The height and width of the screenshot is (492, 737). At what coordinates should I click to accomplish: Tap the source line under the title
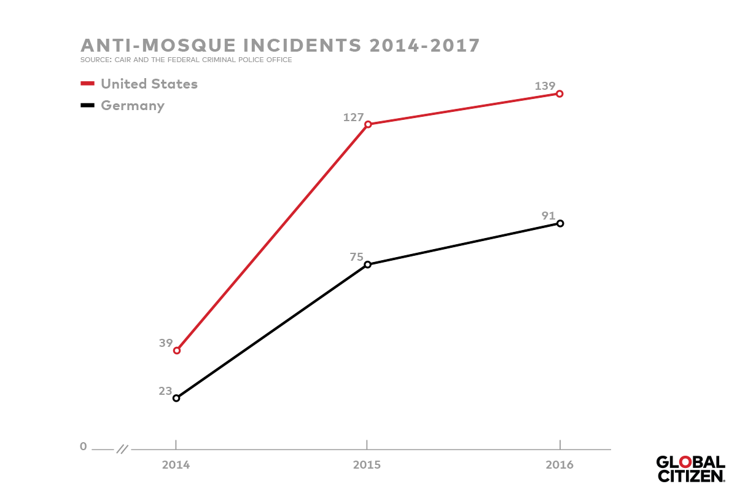point(186,60)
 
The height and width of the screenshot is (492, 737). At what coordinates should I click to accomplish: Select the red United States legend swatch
point(87,84)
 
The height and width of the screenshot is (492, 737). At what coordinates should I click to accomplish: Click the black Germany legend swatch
point(87,106)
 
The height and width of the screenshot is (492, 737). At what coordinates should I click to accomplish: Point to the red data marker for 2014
point(177,351)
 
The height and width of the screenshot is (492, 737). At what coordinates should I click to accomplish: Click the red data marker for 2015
point(368,124)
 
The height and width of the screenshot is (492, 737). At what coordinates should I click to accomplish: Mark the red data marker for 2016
point(560,94)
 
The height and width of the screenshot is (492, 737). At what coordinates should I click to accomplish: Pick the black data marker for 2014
point(176,398)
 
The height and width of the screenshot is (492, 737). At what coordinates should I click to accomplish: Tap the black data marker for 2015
point(368,264)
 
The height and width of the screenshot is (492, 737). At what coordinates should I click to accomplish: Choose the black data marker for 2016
point(560,223)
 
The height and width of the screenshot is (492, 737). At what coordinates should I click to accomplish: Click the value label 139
point(545,86)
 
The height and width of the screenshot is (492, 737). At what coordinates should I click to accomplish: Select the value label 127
point(354,117)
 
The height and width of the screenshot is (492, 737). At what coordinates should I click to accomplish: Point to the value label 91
point(548,216)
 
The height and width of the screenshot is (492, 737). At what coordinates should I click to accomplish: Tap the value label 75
point(357,257)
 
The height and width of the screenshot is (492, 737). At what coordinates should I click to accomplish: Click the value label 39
point(166,343)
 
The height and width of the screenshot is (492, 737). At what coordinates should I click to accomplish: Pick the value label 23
point(166,391)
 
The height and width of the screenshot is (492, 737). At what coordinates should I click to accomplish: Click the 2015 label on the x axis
point(367,465)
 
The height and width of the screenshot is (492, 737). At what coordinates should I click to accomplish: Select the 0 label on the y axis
point(84,446)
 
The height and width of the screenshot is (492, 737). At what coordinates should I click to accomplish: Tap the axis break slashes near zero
point(122,449)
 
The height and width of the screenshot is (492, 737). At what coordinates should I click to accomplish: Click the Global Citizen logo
point(690,469)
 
